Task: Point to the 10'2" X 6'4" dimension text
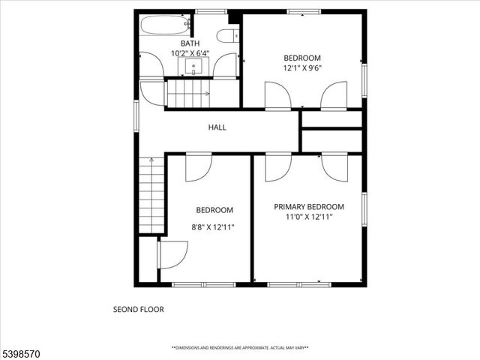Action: point(190,53)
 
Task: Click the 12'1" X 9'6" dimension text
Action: point(301,68)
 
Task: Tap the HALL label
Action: point(217,127)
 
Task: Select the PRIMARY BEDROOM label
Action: point(308,207)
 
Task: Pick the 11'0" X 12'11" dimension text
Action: point(308,217)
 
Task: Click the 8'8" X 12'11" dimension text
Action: point(214,227)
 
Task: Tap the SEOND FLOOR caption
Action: point(138,309)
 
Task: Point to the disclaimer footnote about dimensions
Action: point(240,348)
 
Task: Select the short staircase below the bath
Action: point(187,94)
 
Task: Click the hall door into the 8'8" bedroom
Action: point(199,166)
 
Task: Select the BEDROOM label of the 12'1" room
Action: point(301,58)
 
